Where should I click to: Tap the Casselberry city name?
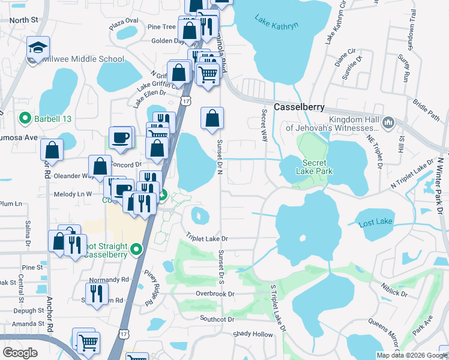click(299, 107)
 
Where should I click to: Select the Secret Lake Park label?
click(314, 167)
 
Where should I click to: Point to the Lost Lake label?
click(375, 223)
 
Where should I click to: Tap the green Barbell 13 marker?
click(25, 118)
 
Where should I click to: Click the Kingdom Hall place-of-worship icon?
click(388, 123)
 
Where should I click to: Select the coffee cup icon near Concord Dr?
click(120, 138)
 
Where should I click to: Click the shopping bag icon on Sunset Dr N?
click(212, 118)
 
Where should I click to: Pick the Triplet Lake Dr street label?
click(207, 238)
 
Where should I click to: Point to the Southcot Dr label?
click(220, 319)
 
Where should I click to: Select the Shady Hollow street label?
click(253, 334)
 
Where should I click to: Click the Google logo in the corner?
click(20, 352)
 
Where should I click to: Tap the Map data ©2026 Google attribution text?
click(411, 355)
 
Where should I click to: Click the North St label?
click(23, 20)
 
